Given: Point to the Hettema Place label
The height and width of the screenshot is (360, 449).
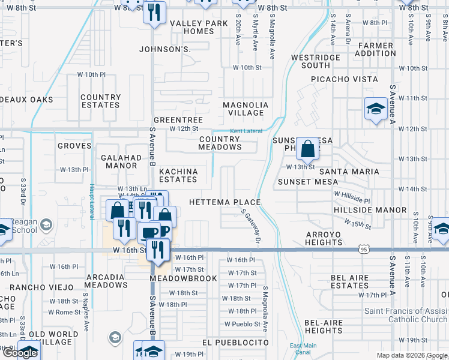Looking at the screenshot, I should pyautogui.click(x=224, y=202).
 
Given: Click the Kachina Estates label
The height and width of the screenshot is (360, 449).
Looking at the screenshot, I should pyautogui.click(x=178, y=175).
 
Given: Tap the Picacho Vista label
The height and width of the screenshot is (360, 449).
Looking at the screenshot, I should pyautogui.click(x=344, y=79).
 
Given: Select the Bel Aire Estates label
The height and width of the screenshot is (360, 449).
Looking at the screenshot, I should pyautogui.click(x=349, y=282).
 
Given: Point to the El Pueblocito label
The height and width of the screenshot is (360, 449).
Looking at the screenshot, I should pyautogui.click(x=235, y=343).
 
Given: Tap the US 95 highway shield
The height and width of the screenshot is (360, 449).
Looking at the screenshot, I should pyautogui.click(x=364, y=248).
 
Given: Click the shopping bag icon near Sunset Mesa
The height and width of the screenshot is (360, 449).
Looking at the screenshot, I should pyautogui.click(x=307, y=149).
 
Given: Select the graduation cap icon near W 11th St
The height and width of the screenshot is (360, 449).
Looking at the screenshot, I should pyautogui.click(x=376, y=109).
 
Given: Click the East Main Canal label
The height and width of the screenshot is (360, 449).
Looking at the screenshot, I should pyautogui.click(x=303, y=349).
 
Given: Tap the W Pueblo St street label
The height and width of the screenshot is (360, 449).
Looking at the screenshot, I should pyautogui.click(x=243, y=324).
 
